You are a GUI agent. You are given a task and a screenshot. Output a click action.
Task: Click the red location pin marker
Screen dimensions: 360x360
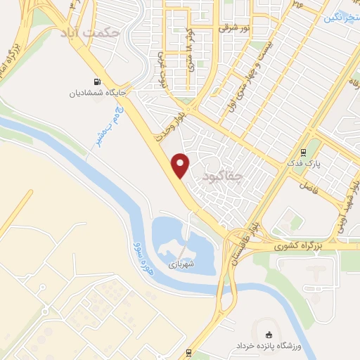tap(181, 165)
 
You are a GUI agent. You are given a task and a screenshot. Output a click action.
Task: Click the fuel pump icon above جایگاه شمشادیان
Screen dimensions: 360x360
tap(97, 81)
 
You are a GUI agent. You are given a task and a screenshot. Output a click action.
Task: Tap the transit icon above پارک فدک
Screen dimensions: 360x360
tap(303, 152)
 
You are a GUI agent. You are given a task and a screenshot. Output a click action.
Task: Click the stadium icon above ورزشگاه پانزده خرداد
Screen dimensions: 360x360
tap(268, 335)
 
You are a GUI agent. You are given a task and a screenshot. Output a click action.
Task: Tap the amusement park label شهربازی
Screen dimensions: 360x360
tap(179, 265)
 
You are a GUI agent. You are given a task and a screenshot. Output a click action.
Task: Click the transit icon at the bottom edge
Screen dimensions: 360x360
tap(188, 352)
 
